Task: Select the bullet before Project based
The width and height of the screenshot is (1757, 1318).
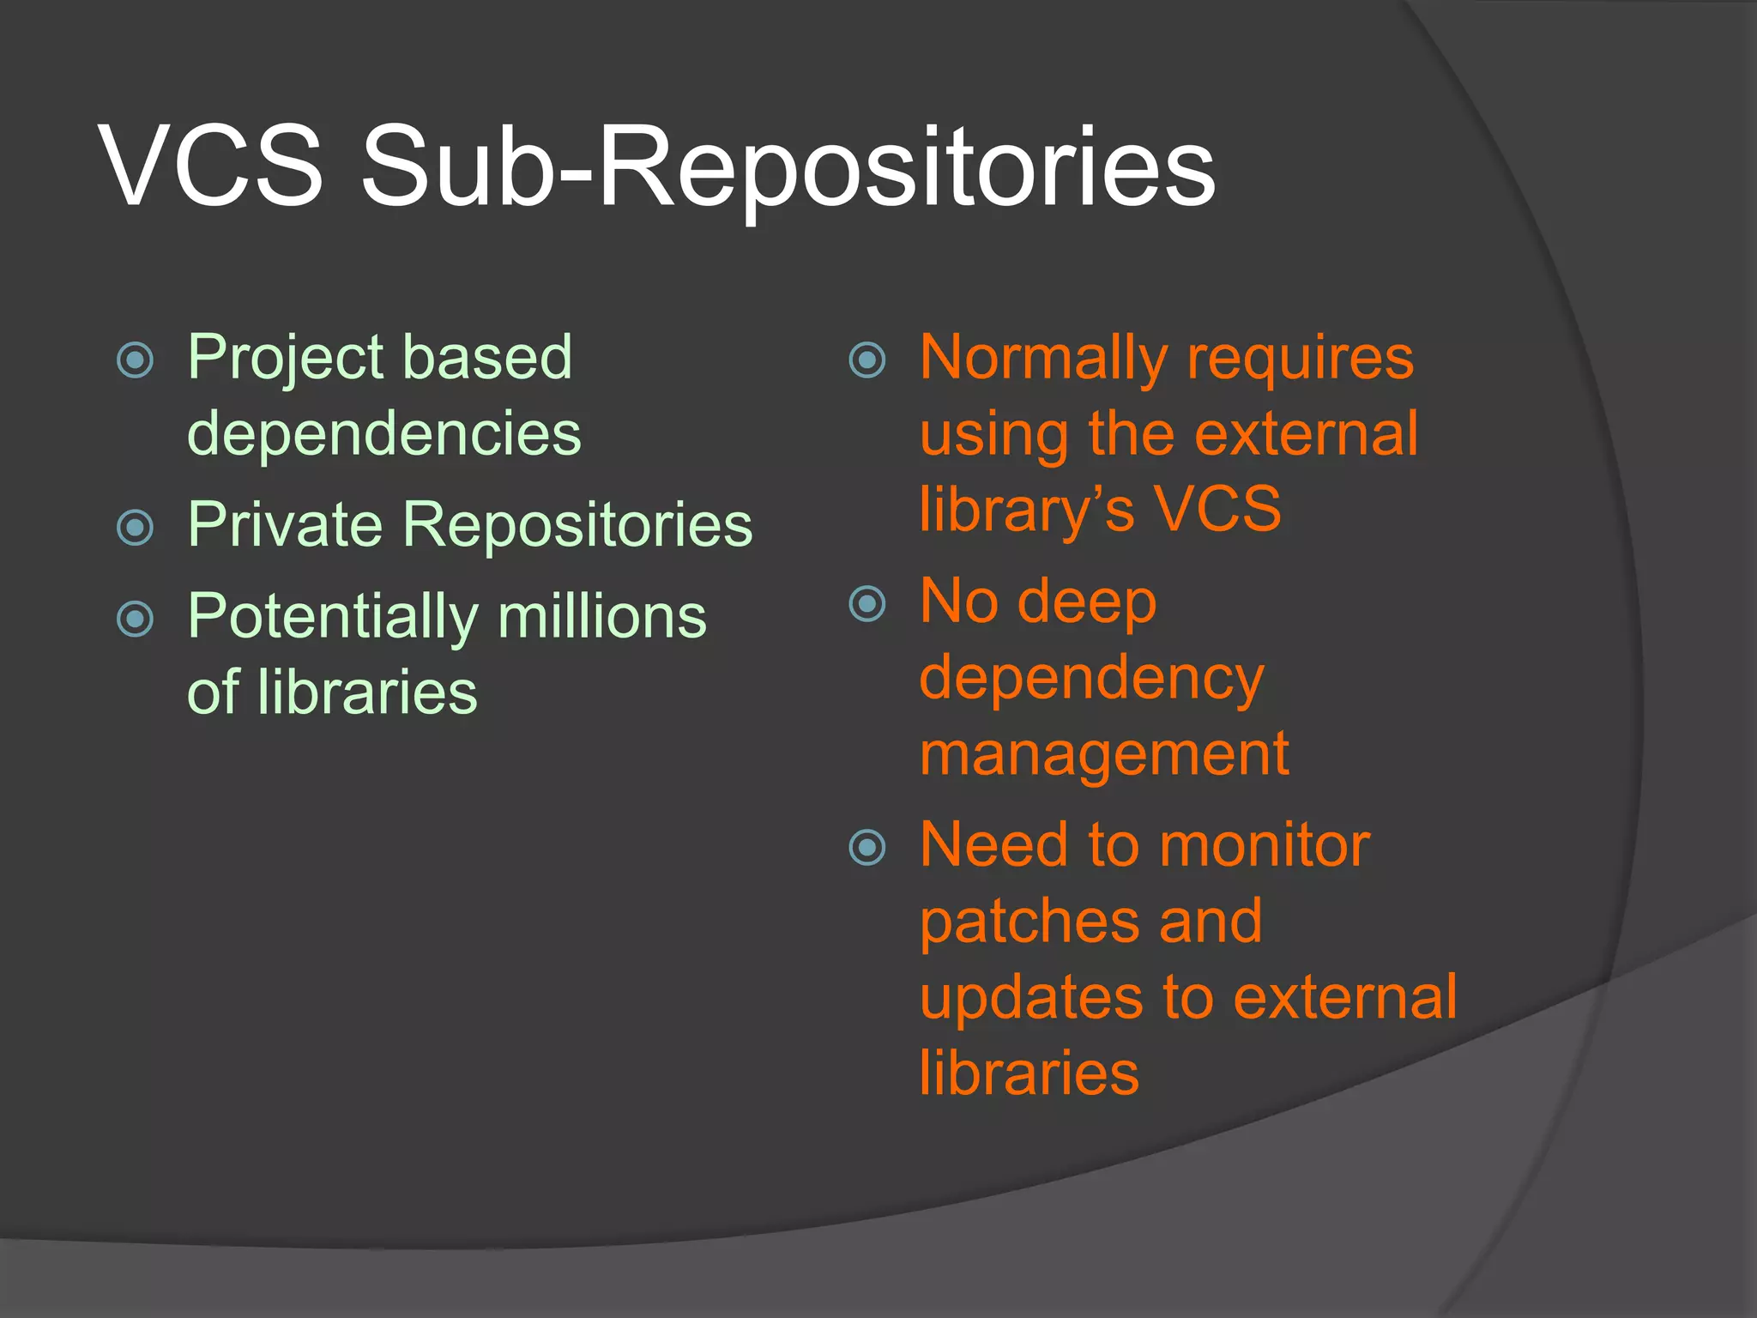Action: (x=135, y=360)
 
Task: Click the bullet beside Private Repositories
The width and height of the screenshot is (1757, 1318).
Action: (x=135, y=527)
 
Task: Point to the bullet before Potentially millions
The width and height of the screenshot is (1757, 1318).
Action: (x=135, y=619)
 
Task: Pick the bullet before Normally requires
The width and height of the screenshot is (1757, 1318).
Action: (x=866, y=360)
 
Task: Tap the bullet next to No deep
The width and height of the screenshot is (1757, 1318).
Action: (x=866, y=603)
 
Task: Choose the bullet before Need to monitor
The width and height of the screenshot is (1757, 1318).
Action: (x=866, y=847)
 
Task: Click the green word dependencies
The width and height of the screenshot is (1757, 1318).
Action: (x=383, y=433)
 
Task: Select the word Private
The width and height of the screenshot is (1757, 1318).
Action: (x=284, y=524)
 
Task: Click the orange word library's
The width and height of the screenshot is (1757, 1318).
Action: (x=1026, y=510)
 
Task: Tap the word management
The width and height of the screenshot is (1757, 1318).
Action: (x=1103, y=753)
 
